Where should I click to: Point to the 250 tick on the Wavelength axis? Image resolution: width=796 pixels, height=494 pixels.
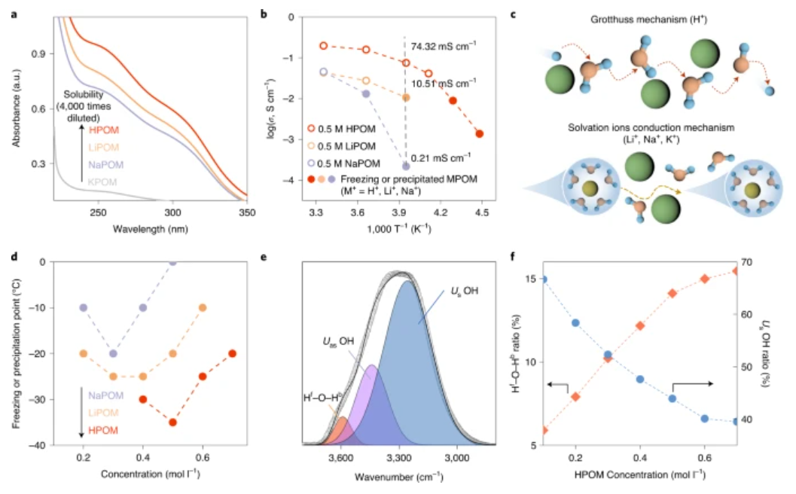coord(99,214)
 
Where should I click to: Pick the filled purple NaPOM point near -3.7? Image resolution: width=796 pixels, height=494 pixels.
coord(406,166)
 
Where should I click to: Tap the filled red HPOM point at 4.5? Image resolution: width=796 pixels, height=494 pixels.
coord(480,134)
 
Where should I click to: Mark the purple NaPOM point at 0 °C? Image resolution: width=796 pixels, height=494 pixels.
coord(172,262)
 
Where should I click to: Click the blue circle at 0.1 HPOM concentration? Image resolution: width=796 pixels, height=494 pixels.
coord(544,279)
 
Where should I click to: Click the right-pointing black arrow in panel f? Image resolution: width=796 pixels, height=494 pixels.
coord(688,384)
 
